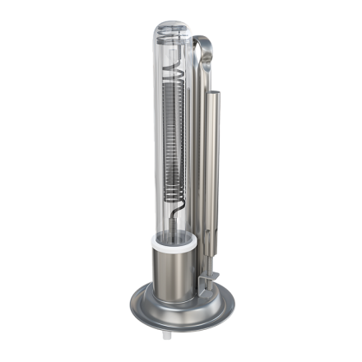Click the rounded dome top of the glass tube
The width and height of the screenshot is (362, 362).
173,31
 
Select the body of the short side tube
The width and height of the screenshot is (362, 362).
215,165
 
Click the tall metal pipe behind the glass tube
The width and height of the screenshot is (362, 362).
197,165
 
